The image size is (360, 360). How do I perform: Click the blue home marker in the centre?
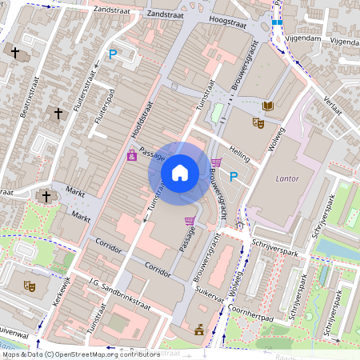pyautogui.click(x=180, y=172)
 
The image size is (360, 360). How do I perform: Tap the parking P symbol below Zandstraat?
pyautogui.click(x=114, y=54)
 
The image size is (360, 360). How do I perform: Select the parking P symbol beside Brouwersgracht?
pyautogui.click(x=234, y=177)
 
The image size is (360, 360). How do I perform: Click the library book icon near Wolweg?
pyautogui.click(x=268, y=106)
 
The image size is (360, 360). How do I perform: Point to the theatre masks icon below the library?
pyautogui.click(x=258, y=123)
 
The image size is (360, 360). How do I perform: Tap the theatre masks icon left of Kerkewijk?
pyautogui.click(x=29, y=285)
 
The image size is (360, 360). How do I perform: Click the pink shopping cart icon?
pyautogui.click(x=190, y=221)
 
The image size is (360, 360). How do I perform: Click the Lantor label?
pyautogui.click(x=286, y=178)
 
